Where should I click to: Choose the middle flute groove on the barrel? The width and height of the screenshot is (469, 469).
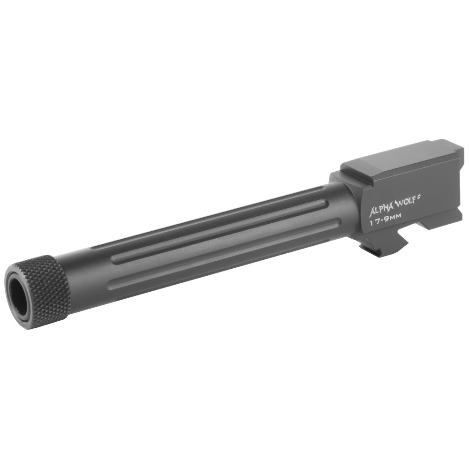pyautogui.click(x=220, y=232)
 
